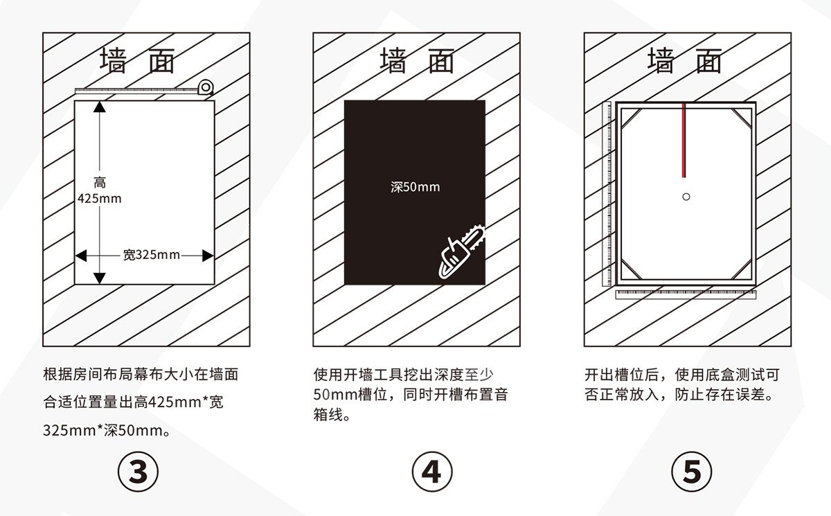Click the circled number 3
(x=138, y=472)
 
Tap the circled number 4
(x=431, y=472)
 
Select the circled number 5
(x=691, y=472)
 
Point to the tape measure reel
(x=206, y=87)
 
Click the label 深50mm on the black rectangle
(x=415, y=187)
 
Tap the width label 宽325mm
(x=151, y=255)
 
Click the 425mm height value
(x=99, y=199)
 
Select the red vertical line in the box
(x=684, y=139)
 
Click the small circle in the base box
(x=686, y=197)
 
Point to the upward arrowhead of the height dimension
(x=100, y=107)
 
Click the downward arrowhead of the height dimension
(x=100, y=278)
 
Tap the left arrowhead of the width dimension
(x=80, y=256)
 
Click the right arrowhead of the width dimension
(x=207, y=256)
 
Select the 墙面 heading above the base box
(x=684, y=61)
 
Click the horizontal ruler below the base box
(x=684, y=294)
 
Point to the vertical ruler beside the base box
(x=609, y=194)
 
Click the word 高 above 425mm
(x=100, y=184)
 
